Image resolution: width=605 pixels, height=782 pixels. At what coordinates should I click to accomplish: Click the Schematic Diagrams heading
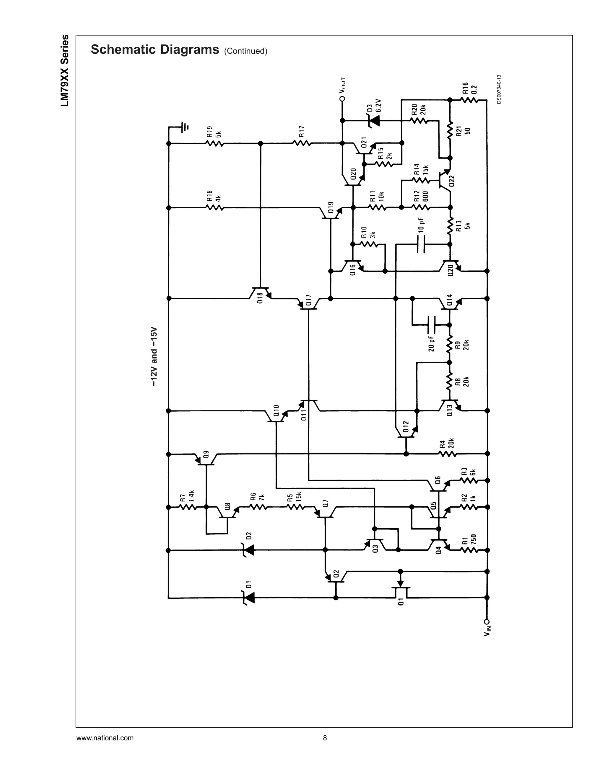(154, 50)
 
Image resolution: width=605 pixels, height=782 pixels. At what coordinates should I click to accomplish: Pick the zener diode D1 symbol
(249, 598)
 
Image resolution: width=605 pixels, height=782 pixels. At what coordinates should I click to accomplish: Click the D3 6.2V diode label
(373, 105)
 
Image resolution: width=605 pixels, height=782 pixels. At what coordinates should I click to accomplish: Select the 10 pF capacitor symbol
(422, 245)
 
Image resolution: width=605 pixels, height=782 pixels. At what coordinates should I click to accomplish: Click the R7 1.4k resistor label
(187, 495)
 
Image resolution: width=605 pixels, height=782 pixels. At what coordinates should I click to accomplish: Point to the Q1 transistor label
(401, 602)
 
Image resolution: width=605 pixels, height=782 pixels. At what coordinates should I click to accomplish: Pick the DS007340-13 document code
(499, 89)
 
